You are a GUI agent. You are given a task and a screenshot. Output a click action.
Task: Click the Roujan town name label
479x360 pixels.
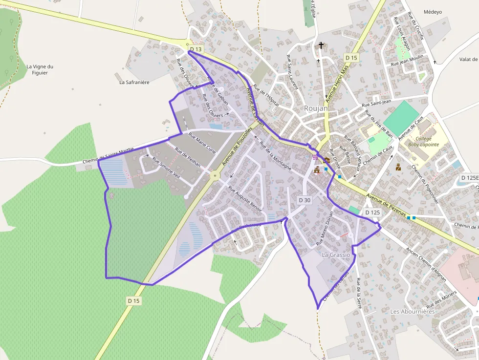click(316, 108)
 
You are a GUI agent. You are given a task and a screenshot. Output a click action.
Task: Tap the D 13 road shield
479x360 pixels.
click(196, 49)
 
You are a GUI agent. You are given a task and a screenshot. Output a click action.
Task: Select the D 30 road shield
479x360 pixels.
click(305, 200)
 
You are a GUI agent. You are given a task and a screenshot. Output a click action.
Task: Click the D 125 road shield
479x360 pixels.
click(372, 212)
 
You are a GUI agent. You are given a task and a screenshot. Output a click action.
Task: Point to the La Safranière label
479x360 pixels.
click(134, 82)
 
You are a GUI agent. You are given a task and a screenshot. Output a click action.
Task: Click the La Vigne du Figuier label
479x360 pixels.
click(40, 70)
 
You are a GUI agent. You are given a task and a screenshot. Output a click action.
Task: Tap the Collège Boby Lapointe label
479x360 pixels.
click(423, 142)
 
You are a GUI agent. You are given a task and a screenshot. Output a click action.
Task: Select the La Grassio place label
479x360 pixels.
click(336, 255)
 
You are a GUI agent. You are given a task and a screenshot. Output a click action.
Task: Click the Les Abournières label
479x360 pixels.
click(413, 311)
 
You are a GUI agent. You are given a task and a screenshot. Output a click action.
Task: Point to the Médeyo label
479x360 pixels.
click(433, 12)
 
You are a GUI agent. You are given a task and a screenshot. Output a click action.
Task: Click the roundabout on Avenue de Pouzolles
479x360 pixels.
click(214, 174)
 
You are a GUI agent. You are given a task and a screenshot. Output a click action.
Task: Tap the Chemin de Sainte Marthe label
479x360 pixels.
click(108, 153)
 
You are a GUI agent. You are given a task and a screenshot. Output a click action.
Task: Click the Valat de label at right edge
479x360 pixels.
click(468, 59)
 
